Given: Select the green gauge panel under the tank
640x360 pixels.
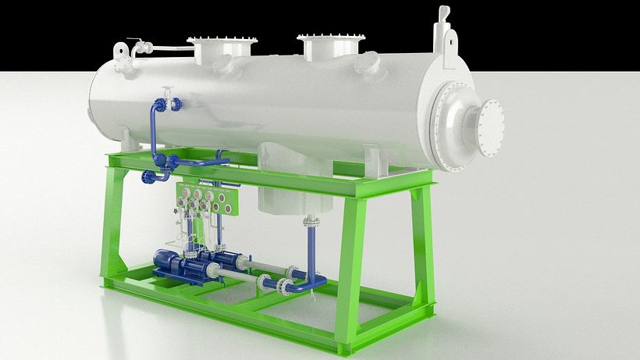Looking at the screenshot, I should coord(208,198).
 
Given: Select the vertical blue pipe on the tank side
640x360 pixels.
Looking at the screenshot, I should coord(153,129).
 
